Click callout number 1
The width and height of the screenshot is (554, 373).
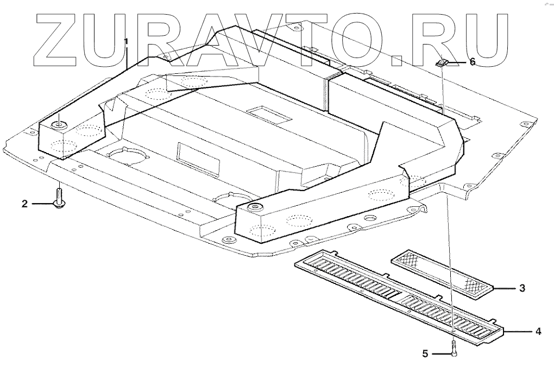coord(126,41)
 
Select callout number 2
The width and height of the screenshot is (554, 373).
coord(24,204)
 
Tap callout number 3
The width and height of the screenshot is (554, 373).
coord(522,288)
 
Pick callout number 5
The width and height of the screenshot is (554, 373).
coord(426,354)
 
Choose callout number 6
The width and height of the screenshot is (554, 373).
coord(472,62)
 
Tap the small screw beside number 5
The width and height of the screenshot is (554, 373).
coord(454,349)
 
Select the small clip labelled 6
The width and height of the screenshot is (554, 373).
coord(442,63)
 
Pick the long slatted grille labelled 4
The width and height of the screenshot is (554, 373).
coord(399,297)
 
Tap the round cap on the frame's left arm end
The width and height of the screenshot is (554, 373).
coord(58,127)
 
